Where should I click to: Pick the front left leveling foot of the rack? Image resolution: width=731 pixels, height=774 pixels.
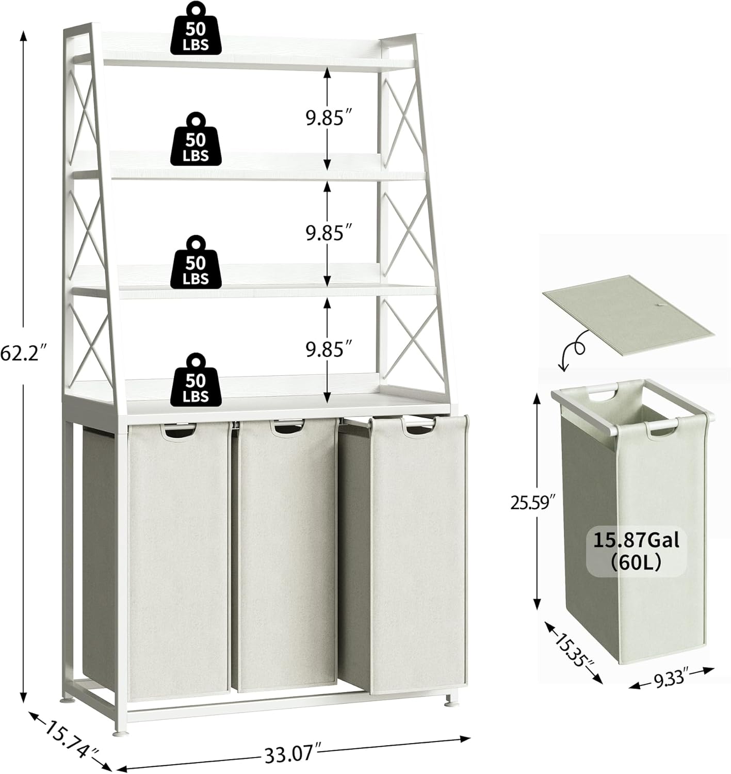118,732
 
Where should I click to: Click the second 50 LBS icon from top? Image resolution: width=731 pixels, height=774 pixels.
197,139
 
